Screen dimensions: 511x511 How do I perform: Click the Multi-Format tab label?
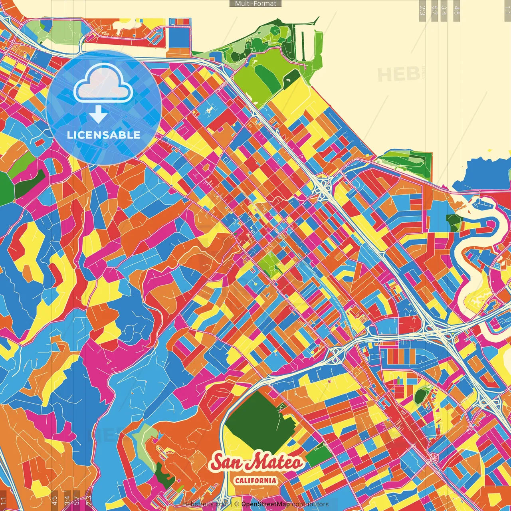click(x=255, y=4)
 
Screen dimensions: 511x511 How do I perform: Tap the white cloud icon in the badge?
click(x=103, y=83)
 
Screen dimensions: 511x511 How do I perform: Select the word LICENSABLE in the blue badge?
click(x=103, y=135)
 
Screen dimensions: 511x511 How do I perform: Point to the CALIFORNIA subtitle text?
click(x=256, y=480)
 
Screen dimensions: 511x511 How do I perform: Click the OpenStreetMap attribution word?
click(x=265, y=504)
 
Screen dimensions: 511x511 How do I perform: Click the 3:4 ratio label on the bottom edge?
click(x=67, y=499)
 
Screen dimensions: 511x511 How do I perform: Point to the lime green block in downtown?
click(x=270, y=263)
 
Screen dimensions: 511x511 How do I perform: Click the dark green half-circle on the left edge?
click(x=6, y=189)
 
